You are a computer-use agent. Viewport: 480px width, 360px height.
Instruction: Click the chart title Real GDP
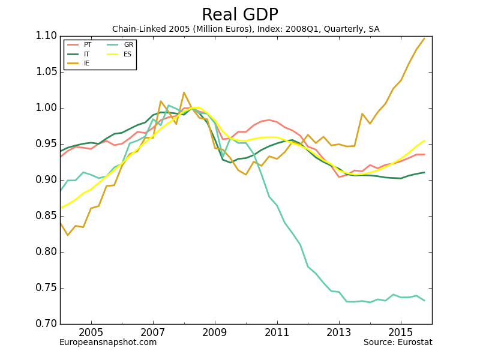(x=239, y=15)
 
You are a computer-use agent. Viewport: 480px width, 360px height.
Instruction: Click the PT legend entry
(x=88, y=45)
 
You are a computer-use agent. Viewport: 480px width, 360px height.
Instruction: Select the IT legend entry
(x=87, y=54)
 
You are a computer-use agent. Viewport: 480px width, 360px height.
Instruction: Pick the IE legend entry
(x=87, y=63)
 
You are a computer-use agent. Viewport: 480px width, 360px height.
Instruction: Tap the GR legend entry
(x=128, y=45)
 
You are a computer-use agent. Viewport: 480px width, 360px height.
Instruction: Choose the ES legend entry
(x=127, y=54)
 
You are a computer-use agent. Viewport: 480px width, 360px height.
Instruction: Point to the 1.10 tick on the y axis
(x=46, y=36)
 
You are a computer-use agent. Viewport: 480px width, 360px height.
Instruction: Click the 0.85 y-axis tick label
(x=46, y=216)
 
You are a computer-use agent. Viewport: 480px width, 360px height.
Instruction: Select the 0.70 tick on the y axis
(x=46, y=324)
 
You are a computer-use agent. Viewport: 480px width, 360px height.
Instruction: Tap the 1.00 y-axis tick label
(x=46, y=108)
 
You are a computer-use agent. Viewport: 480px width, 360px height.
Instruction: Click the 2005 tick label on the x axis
(x=91, y=332)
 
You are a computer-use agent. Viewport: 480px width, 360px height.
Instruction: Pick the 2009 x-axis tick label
(x=215, y=332)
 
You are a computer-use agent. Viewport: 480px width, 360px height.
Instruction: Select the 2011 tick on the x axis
(x=277, y=332)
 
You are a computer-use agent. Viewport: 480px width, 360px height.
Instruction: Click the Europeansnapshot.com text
(x=108, y=343)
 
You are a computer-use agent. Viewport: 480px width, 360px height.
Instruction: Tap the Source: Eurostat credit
(x=398, y=343)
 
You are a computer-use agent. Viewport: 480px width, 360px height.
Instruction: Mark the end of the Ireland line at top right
(x=424, y=38)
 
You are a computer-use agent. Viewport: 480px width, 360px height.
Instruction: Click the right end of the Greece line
(x=424, y=301)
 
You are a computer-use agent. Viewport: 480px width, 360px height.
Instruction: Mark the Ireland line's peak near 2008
(x=184, y=92)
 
